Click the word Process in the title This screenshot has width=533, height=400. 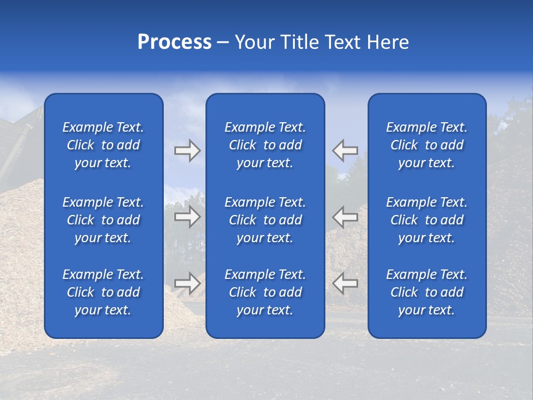[174, 42]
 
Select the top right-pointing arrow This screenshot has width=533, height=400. [187, 151]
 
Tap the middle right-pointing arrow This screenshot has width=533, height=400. [187, 216]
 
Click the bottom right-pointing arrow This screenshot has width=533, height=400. [187, 283]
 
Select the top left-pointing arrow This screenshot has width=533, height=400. [345, 151]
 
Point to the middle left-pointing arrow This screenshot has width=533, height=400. [345, 216]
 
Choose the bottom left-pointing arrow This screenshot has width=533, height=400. [345, 283]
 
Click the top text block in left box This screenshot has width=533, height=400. [103, 145]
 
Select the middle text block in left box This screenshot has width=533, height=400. [103, 220]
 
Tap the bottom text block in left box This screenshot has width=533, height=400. [103, 292]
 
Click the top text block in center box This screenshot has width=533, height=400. [265, 145]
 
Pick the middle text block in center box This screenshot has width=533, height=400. [265, 220]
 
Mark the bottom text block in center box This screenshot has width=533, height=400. [265, 292]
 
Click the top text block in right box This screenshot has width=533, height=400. [427, 145]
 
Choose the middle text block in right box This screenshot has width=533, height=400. [427, 220]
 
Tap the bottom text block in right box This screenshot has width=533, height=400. [427, 292]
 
